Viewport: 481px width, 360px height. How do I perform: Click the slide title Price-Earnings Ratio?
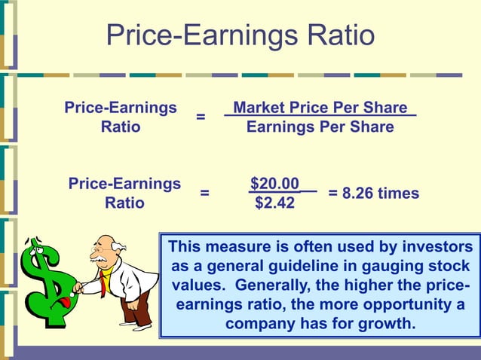240,35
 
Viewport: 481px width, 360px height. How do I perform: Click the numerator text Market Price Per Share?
320,108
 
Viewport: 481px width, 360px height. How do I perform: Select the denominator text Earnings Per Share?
320,127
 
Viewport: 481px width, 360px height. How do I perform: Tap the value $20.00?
274,184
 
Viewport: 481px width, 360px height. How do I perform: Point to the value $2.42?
274,203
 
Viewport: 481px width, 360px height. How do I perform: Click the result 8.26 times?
373,194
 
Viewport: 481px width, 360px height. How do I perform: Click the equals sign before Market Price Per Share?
201,118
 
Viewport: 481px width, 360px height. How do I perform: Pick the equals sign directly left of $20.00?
204,194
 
